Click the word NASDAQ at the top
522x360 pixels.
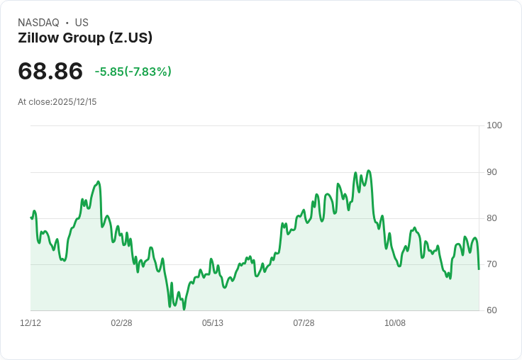click(38, 23)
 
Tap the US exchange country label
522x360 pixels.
click(82, 23)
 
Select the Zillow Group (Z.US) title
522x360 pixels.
click(85, 38)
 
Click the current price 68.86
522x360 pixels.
click(50, 71)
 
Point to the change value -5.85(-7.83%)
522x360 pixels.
click(133, 72)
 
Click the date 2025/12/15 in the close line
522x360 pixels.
click(74, 102)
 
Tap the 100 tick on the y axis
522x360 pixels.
click(494, 125)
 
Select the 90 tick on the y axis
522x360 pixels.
click(492, 172)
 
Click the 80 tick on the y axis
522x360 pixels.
click(492, 218)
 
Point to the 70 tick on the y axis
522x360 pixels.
click(492, 264)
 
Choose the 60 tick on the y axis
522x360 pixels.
click(492, 310)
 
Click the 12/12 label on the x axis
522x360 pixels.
click(30, 323)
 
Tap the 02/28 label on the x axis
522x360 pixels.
click(121, 323)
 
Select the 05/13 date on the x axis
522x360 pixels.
click(213, 323)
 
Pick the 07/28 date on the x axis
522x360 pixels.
click(304, 323)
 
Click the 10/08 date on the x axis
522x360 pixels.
click(395, 323)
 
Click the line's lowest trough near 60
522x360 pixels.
click(184, 309)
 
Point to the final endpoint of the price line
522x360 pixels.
click(479, 269)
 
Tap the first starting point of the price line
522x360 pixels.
click(31, 218)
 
